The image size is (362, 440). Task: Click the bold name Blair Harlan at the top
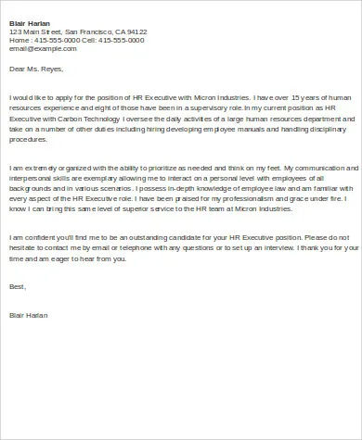30,22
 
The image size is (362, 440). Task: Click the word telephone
157,250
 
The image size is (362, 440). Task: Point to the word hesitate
24,250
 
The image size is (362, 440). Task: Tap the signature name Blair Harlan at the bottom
29,313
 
